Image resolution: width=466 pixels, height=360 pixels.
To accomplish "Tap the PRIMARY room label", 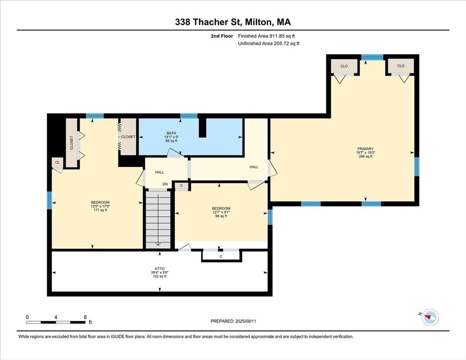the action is [365, 149].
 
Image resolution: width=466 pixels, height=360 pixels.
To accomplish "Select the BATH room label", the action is [171, 133].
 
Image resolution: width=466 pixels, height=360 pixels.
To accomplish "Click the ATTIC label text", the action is [159, 269].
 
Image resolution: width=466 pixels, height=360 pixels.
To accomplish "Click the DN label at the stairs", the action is [165, 184].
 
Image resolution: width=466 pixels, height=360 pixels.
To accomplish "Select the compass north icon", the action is [430, 317].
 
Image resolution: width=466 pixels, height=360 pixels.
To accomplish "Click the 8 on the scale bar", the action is [85, 317].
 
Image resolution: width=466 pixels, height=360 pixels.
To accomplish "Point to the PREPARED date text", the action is [233, 321].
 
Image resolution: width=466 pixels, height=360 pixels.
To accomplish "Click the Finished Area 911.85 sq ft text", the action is [266, 36].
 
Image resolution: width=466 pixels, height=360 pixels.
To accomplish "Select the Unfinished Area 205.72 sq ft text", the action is [269, 44].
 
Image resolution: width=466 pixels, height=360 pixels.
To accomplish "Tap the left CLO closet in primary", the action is [344, 66].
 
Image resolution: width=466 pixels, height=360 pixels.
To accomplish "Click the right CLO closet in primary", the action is [401, 66].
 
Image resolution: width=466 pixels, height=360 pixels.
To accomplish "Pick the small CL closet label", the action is [57, 162].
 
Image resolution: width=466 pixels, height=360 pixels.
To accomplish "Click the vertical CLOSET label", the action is [71, 143].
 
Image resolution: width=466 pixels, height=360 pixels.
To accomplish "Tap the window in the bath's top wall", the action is [189, 116].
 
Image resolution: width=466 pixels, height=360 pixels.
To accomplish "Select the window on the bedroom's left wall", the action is [49, 200].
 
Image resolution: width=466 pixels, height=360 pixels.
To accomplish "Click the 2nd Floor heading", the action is [222, 36].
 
